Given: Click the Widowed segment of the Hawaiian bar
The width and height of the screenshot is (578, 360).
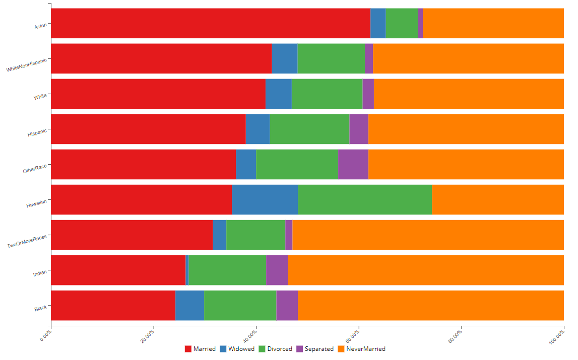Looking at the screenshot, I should pos(265,199).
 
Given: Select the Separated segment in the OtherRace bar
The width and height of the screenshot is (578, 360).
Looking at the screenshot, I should pos(353,164).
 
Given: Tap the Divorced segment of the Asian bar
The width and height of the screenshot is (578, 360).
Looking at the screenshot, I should pos(402,23).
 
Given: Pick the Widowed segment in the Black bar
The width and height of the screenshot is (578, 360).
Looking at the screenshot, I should pos(189,305).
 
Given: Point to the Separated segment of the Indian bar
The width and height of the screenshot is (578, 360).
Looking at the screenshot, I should pos(277,270).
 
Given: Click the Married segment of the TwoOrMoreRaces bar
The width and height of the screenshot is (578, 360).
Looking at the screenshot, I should pos(132,235).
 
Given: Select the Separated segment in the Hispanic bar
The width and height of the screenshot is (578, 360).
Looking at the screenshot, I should pos(359,129).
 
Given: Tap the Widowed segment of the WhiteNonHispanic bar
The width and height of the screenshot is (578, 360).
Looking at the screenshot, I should pos(284,58).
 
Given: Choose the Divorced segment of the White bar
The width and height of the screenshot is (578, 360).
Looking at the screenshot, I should pos(327,94).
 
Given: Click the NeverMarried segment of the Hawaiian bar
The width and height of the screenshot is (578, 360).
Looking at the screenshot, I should pos(498,199).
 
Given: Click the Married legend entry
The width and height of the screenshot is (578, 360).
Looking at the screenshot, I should pos(200,349).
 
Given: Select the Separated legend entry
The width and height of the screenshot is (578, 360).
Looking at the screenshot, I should pos(315,349).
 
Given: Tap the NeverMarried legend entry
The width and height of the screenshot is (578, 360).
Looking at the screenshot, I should pos(361,349).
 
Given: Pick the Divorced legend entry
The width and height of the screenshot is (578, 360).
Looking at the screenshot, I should pos(275,349).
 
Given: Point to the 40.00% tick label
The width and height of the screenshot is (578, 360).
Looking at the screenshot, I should pos(248,335).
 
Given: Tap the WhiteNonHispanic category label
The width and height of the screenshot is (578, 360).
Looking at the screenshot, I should pos(27,65).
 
